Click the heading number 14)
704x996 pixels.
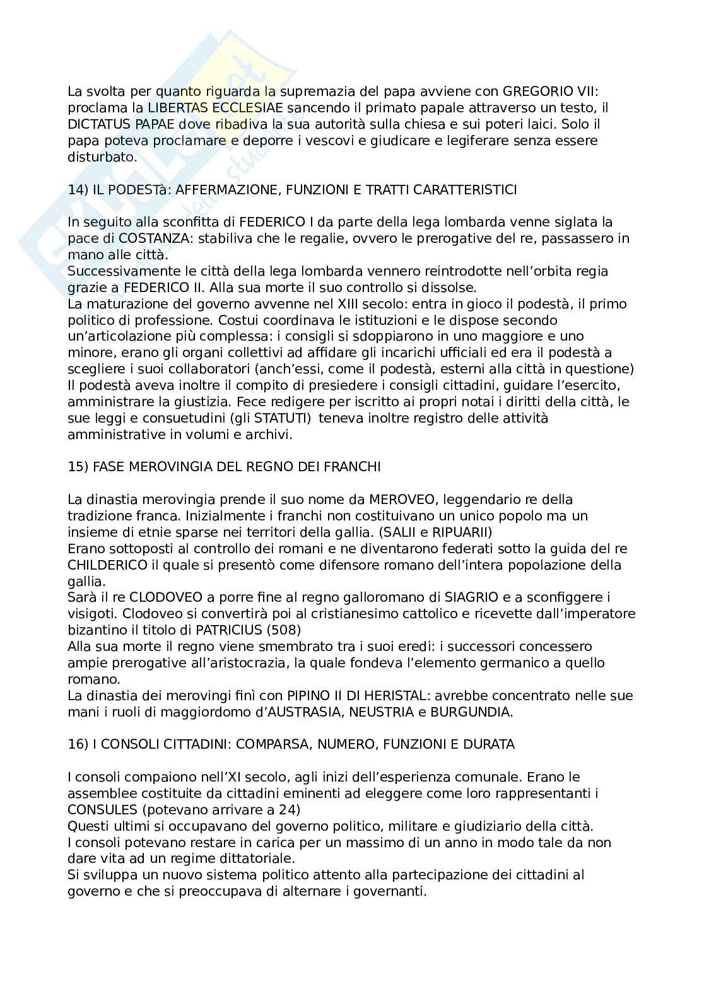[x=77, y=190]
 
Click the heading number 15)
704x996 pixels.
[x=77, y=467]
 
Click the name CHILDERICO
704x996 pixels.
[x=107, y=566]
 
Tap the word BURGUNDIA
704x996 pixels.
[x=480, y=712]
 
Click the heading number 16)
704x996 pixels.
[x=77, y=745]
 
